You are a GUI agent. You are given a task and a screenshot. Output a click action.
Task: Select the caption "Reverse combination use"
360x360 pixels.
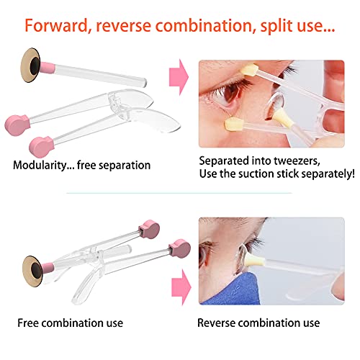coord(258,323)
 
